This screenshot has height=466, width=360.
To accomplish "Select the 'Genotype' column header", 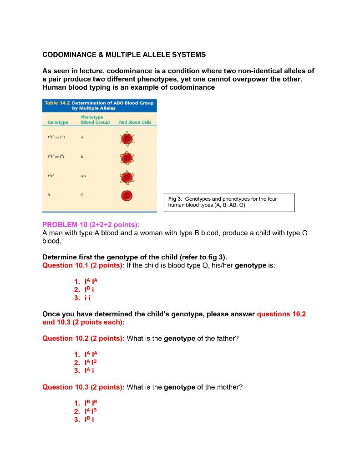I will coord(58,122).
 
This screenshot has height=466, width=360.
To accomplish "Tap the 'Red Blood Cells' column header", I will coord(135,122).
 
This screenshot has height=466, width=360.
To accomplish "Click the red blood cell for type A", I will coord(127,138).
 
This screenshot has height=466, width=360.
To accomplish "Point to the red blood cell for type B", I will coord(127,157).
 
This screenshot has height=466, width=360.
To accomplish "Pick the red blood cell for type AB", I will coord(127,177).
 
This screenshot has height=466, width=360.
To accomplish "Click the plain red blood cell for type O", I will coord(127,196).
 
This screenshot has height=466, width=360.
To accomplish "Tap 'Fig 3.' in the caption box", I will coord(175,199).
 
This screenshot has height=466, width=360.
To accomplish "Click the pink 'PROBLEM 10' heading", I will coord(63,225).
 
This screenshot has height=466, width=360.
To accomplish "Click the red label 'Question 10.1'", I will coord(65,265).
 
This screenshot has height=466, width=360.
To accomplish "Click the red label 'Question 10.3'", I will coord(65,387).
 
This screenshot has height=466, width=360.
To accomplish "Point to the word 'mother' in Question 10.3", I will coord(229,387).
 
